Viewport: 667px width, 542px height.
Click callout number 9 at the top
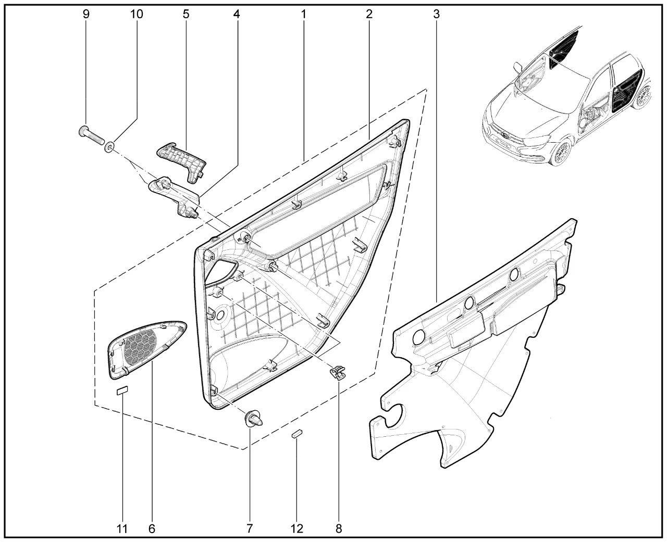coord(86,14)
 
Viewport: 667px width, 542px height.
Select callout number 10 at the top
coord(136,14)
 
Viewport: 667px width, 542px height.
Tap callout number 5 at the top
coord(186,14)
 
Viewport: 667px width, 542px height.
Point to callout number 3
coord(436,14)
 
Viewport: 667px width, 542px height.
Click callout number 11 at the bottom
coord(122,528)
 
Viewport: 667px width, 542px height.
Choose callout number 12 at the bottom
coord(297,528)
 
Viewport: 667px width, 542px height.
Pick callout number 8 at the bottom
coord(339,528)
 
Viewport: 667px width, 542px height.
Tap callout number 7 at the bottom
coord(249,528)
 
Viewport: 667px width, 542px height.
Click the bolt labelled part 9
coord(91,135)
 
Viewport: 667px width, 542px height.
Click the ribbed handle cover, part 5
coord(181,162)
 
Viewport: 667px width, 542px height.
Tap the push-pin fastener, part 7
coord(253,419)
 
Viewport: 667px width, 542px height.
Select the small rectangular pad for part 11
coord(122,391)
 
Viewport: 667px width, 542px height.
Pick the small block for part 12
coord(297,434)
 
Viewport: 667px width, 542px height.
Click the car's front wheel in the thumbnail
coord(561,153)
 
